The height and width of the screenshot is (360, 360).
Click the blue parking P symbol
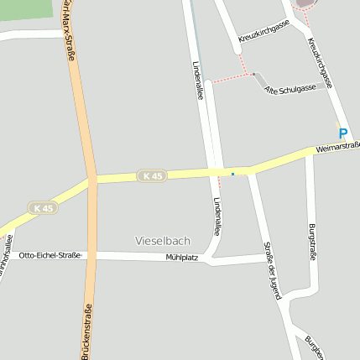tap(342, 133)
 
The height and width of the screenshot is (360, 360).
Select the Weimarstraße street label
tap(337, 149)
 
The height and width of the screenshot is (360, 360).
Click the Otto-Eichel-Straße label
tap(50, 254)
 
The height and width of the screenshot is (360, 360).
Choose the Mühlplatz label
tap(181, 257)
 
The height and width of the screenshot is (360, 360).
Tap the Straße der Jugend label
tap(273, 268)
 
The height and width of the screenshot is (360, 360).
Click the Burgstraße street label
tap(312, 243)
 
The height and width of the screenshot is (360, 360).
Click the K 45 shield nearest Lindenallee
tap(152, 175)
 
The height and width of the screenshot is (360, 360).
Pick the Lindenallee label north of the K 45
tap(198, 81)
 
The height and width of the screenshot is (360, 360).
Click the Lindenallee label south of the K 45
tap(217, 217)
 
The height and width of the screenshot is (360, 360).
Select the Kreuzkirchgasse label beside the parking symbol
tap(321, 63)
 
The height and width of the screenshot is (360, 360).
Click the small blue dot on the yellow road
tap(232, 174)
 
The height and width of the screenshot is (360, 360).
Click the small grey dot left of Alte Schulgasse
tap(253, 74)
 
